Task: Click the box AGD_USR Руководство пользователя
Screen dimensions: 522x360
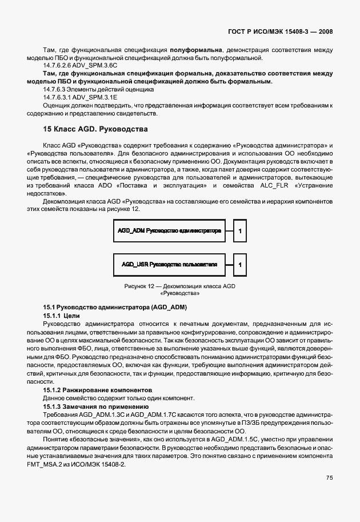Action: pyautogui.click(x=169, y=265)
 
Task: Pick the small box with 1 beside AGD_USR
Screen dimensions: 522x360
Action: pyautogui.click(x=240, y=265)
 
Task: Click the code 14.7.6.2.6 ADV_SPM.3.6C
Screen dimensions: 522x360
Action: pyautogui.click(x=72, y=65)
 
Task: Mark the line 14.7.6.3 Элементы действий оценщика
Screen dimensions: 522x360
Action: pyautogui.click(x=90, y=89)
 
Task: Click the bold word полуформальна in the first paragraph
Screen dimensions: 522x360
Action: pyautogui.click(x=195, y=49)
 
